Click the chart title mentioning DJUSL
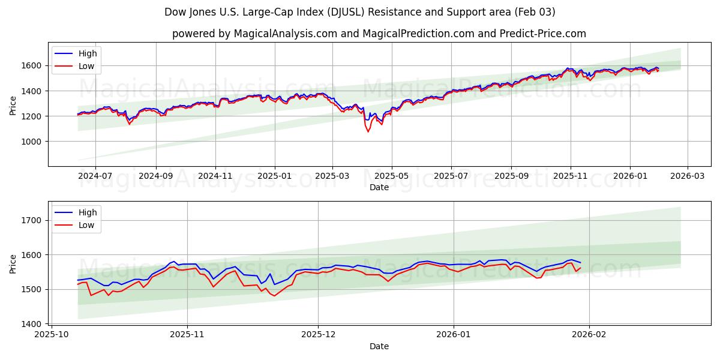tap(359, 12)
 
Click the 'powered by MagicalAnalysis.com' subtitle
tap(379, 34)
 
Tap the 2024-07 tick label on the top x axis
tap(96, 176)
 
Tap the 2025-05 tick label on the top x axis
tap(392, 176)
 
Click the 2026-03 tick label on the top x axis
tap(688, 176)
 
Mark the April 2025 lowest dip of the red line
tap(368, 131)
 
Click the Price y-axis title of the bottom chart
tap(13, 263)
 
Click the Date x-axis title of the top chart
tap(379, 187)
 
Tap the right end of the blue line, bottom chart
tap(580, 262)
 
